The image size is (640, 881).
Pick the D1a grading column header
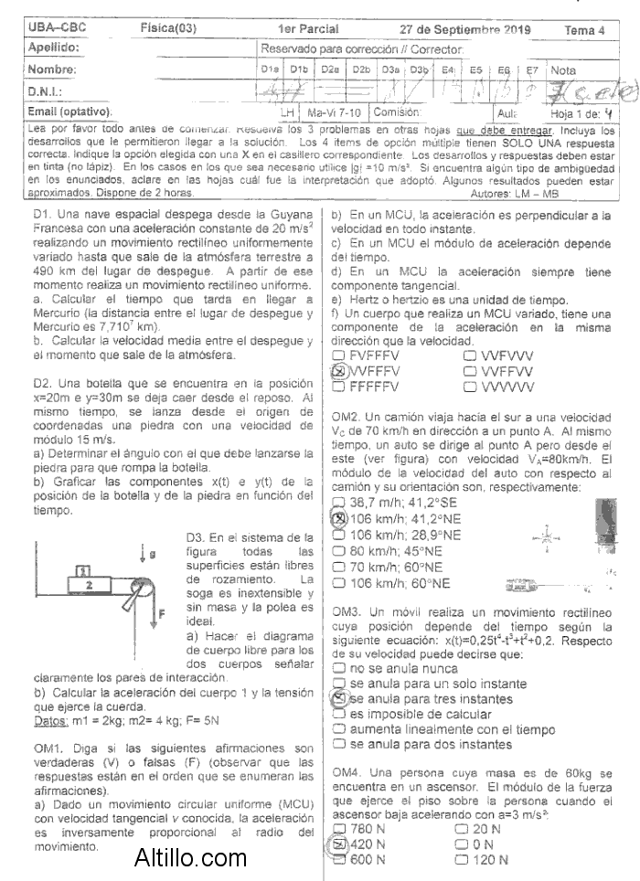(x=269, y=69)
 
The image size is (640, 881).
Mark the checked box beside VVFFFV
(x=338, y=372)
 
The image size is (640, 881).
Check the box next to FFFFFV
(x=338, y=387)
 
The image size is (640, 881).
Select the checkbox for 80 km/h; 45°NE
(x=338, y=551)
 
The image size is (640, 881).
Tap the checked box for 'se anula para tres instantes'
(x=338, y=698)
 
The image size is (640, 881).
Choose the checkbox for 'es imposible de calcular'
(x=338, y=714)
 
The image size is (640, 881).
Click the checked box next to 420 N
(x=338, y=844)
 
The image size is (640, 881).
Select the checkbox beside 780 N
(x=338, y=829)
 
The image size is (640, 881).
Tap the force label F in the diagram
(x=161, y=613)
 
